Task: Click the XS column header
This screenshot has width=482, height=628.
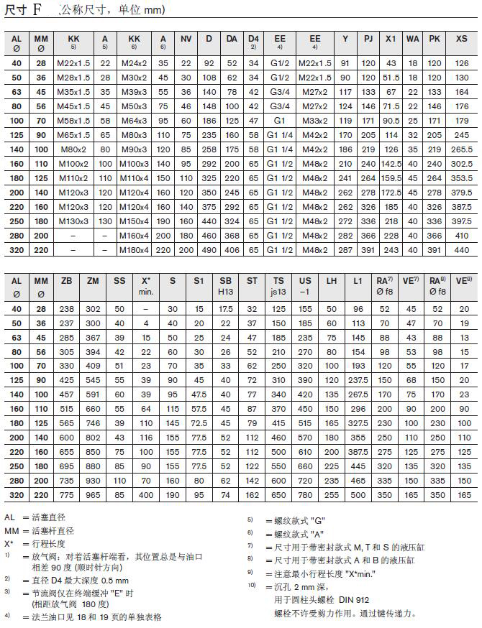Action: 461,38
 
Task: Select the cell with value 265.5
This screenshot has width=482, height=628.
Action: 461,149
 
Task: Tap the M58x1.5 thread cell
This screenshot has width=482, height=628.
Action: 73,120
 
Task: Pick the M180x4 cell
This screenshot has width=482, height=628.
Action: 134,249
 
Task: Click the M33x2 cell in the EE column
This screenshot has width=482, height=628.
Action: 314,120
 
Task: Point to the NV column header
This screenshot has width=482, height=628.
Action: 186,38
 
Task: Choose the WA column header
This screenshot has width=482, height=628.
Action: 413,38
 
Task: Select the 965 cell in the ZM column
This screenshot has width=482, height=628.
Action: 93,495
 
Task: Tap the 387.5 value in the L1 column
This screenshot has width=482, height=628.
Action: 358,452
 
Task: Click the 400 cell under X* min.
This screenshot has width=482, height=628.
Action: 146,495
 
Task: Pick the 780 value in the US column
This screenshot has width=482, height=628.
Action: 305,495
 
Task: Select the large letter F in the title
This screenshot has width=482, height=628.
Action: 37,10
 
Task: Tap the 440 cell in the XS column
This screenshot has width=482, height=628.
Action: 461,249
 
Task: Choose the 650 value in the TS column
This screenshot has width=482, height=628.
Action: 278,495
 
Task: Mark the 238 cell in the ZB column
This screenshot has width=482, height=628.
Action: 67,308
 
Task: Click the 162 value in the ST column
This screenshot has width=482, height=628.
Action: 252,495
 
